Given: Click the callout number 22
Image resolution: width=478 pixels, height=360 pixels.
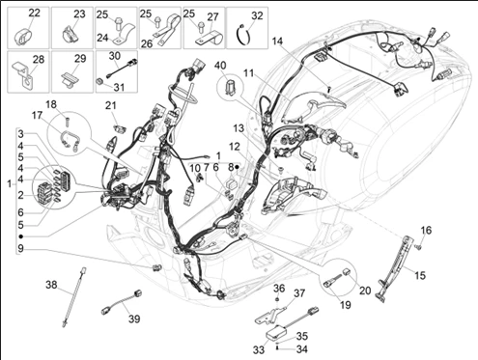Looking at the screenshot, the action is [x=35, y=14].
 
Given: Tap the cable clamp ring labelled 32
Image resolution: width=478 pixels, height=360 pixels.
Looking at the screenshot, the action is [x=243, y=36].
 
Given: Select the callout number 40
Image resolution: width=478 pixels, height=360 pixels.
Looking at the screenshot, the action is [x=220, y=66].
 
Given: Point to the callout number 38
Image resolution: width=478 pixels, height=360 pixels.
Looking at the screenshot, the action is [x=51, y=285].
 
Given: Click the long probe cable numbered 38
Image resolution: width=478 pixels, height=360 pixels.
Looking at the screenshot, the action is [x=73, y=296].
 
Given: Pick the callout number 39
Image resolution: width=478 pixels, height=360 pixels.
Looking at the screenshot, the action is [x=134, y=318].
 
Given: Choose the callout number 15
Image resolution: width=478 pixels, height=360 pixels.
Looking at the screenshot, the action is [x=420, y=275].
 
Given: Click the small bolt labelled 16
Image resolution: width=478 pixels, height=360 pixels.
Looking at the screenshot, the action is [x=419, y=247].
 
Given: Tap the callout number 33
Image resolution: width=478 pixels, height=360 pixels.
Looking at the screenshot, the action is [x=259, y=349].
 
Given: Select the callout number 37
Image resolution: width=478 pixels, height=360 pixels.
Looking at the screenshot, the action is [x=299, y=293].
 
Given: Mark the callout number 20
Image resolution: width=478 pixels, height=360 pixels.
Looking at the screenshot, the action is [x=365, y=291].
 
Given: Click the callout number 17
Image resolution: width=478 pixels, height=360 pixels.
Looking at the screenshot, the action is [x=37, y=115].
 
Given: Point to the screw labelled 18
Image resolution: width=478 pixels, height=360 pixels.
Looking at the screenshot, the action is [x=68, y=122].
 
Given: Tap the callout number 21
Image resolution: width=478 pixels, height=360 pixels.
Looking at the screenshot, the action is [x=110, y=105].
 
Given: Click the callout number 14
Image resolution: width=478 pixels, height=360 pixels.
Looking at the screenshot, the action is [x=277, y=42].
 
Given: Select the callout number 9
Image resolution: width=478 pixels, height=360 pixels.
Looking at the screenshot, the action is [x=20, y=248].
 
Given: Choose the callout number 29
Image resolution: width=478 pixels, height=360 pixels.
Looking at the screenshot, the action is [x=80, y=59].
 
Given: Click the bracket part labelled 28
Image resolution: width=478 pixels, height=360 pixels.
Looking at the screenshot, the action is [x=24, y=74].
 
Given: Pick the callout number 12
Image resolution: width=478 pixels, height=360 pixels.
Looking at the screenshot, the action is [x=235, y=147].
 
